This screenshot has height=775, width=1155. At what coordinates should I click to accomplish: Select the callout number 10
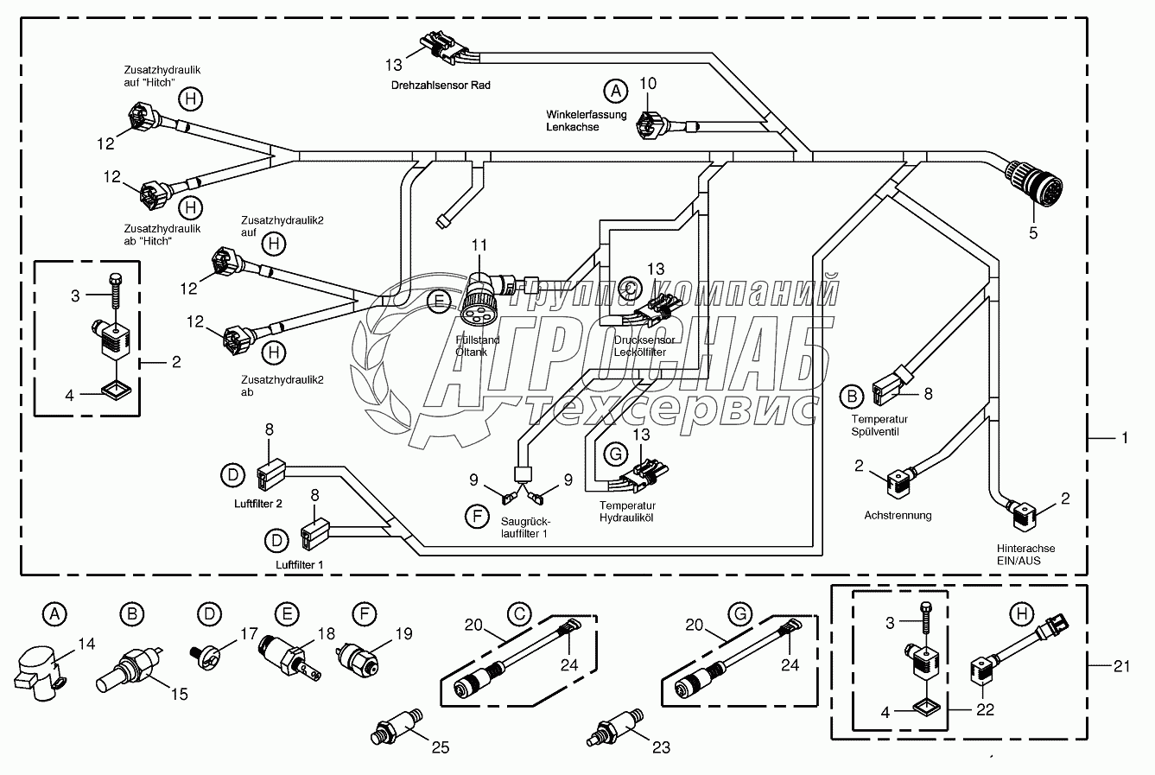(x=648, y=83)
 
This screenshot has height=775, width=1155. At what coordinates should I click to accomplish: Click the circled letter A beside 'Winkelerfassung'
(x=615, y=90)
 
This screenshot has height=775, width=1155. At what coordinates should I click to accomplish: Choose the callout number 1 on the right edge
(x=1124, y=438)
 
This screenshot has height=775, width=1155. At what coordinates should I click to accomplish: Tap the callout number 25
(x=440, y=747)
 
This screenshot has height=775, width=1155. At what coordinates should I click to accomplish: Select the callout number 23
(x=661, y=747)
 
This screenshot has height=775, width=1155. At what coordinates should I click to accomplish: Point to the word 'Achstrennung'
(x=898, y=515)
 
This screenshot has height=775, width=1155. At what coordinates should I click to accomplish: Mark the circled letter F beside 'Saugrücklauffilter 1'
(x=475, y=518)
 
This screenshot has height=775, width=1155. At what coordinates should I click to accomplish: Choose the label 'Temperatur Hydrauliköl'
(x=627, y=511)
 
